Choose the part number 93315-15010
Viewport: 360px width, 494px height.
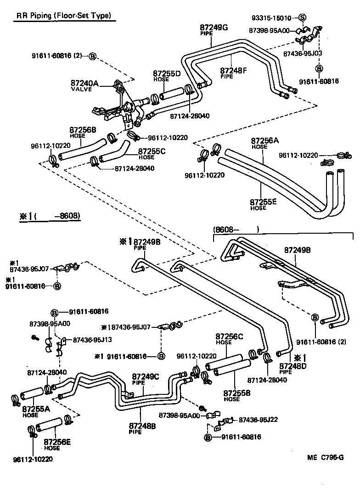click(x=271, y=18)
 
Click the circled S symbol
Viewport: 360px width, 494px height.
click(x=302, y=18)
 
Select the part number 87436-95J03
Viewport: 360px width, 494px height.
click(x=303, y=53)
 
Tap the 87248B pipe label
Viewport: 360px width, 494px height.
click(x=142, y=426)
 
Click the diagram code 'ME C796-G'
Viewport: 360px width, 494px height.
click(x=325, y=458)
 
